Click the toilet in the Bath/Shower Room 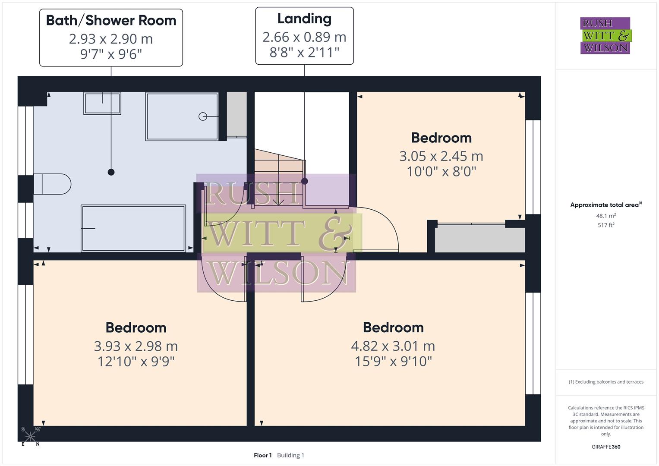pyautogui.click(x=53, y=184)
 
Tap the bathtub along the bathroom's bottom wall pyautogui.click(x=133, y=228)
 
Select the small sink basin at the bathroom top pyautogui.click(x=102, y=103)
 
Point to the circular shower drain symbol pyautogui.click(x=203, y=116)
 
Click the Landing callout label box pyautogui.click(x=304, y=36)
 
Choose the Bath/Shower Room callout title pyautogui.click(x=111, y=20)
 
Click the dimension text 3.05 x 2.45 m pyautogui.click(x=441, y=156)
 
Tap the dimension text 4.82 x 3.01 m pyautogui.click(x=393, y=346)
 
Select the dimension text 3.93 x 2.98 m pyautogui.click(x=136, y=346)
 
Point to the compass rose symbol pyautogui.click(x=30, y=436)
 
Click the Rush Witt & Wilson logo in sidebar pyautogui.click(x=605, y=36)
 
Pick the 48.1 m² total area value pyautogui.click(x=606, y=216)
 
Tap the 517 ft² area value pyautogui.click(x=606, y=225)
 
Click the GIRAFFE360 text pyautogui.click(x=606, y=447)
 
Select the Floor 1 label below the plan pyautogui.click(x=262, y=455)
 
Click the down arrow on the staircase pyautogui.click(x=278, y=201)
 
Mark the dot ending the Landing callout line pyautogui.click(x=305, y=181)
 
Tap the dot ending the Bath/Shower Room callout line pyautogui.click(x=111, y=172)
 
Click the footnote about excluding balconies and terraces pyautogui.click(x=606, y=382)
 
